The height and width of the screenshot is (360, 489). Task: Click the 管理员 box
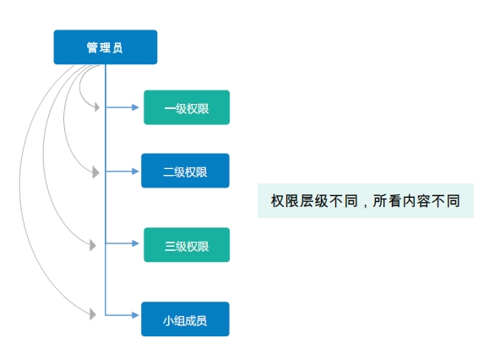106,47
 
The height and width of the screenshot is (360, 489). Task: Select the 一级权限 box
187,107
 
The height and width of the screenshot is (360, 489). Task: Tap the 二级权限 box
185,171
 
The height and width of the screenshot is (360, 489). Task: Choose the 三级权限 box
187,245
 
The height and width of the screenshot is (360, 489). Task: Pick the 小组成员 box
185,319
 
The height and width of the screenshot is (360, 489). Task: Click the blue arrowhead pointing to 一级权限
135,107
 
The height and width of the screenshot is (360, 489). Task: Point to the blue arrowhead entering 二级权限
135,172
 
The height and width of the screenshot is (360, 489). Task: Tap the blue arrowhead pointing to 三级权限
135,243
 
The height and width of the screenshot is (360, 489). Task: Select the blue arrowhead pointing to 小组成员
135,315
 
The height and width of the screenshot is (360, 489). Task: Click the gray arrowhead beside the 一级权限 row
97,107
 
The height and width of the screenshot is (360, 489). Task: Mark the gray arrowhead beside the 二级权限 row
96,172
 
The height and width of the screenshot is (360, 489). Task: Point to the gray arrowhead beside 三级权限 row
93,245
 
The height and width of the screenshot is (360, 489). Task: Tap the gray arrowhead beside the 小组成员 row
93,314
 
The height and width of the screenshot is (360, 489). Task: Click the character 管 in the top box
92,47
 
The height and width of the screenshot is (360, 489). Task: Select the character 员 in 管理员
117,47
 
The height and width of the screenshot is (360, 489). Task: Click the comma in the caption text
365,205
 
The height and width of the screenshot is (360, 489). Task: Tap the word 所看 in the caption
387,201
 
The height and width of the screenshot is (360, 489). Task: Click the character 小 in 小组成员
168,320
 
